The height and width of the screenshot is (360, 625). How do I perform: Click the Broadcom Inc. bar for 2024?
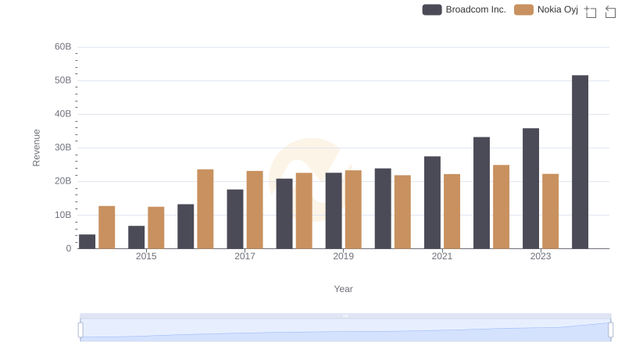click(x=580, y=162)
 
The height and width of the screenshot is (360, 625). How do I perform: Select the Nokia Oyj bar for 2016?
click(x=205, y=209)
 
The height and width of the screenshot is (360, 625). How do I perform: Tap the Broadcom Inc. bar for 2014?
click(x=87, y=241)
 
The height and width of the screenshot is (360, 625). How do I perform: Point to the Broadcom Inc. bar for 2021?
click(x=432, y=202)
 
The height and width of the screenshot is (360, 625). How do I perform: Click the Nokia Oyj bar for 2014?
click(x=107, y=227)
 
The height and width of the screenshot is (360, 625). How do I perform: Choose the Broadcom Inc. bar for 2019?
click(x=334, y=210)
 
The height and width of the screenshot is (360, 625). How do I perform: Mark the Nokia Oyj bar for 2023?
click(x=550, y=211)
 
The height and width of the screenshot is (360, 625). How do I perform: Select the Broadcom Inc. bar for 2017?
click(x=235, y=219)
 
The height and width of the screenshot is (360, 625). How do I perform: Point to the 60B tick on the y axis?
click(x=62, y=47)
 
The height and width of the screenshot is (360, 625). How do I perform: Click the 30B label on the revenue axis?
click(x=62, y=148)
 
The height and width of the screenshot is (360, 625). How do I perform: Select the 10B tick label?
click(x=62, y=215)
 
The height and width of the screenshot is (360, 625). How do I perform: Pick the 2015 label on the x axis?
click(x=146, y=256)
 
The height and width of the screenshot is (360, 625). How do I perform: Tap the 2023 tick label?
click(x=541, y=256)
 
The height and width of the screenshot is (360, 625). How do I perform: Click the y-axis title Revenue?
click(x=36, y=148)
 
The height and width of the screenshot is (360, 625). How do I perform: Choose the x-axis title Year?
click(x=344, y=289)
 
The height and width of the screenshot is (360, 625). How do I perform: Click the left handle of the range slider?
click(x=80, y=330)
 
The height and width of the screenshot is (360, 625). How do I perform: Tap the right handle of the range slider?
click(x=611, y=330)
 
